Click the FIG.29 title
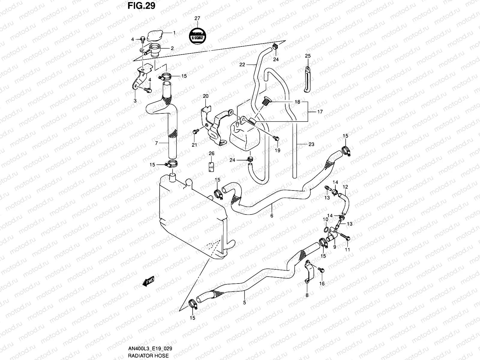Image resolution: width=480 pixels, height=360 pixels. click(141, 6)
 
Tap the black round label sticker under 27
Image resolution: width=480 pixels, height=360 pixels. click(197, 35)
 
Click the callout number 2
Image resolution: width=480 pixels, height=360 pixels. click(172, 48)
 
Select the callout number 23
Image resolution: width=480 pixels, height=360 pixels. click(311, 144)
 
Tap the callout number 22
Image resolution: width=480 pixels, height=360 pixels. click(242, 64)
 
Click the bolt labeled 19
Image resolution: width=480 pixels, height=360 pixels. click(277, 138)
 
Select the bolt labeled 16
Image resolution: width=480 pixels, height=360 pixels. click(322, 270)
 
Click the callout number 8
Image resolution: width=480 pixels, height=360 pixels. click(307, 295)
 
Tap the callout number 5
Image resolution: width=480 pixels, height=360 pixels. click(244, 303)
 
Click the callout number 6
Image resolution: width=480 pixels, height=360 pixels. click(272, 215)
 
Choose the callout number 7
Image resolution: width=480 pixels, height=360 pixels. click(156, 143)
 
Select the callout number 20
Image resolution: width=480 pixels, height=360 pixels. click(205, 96)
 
